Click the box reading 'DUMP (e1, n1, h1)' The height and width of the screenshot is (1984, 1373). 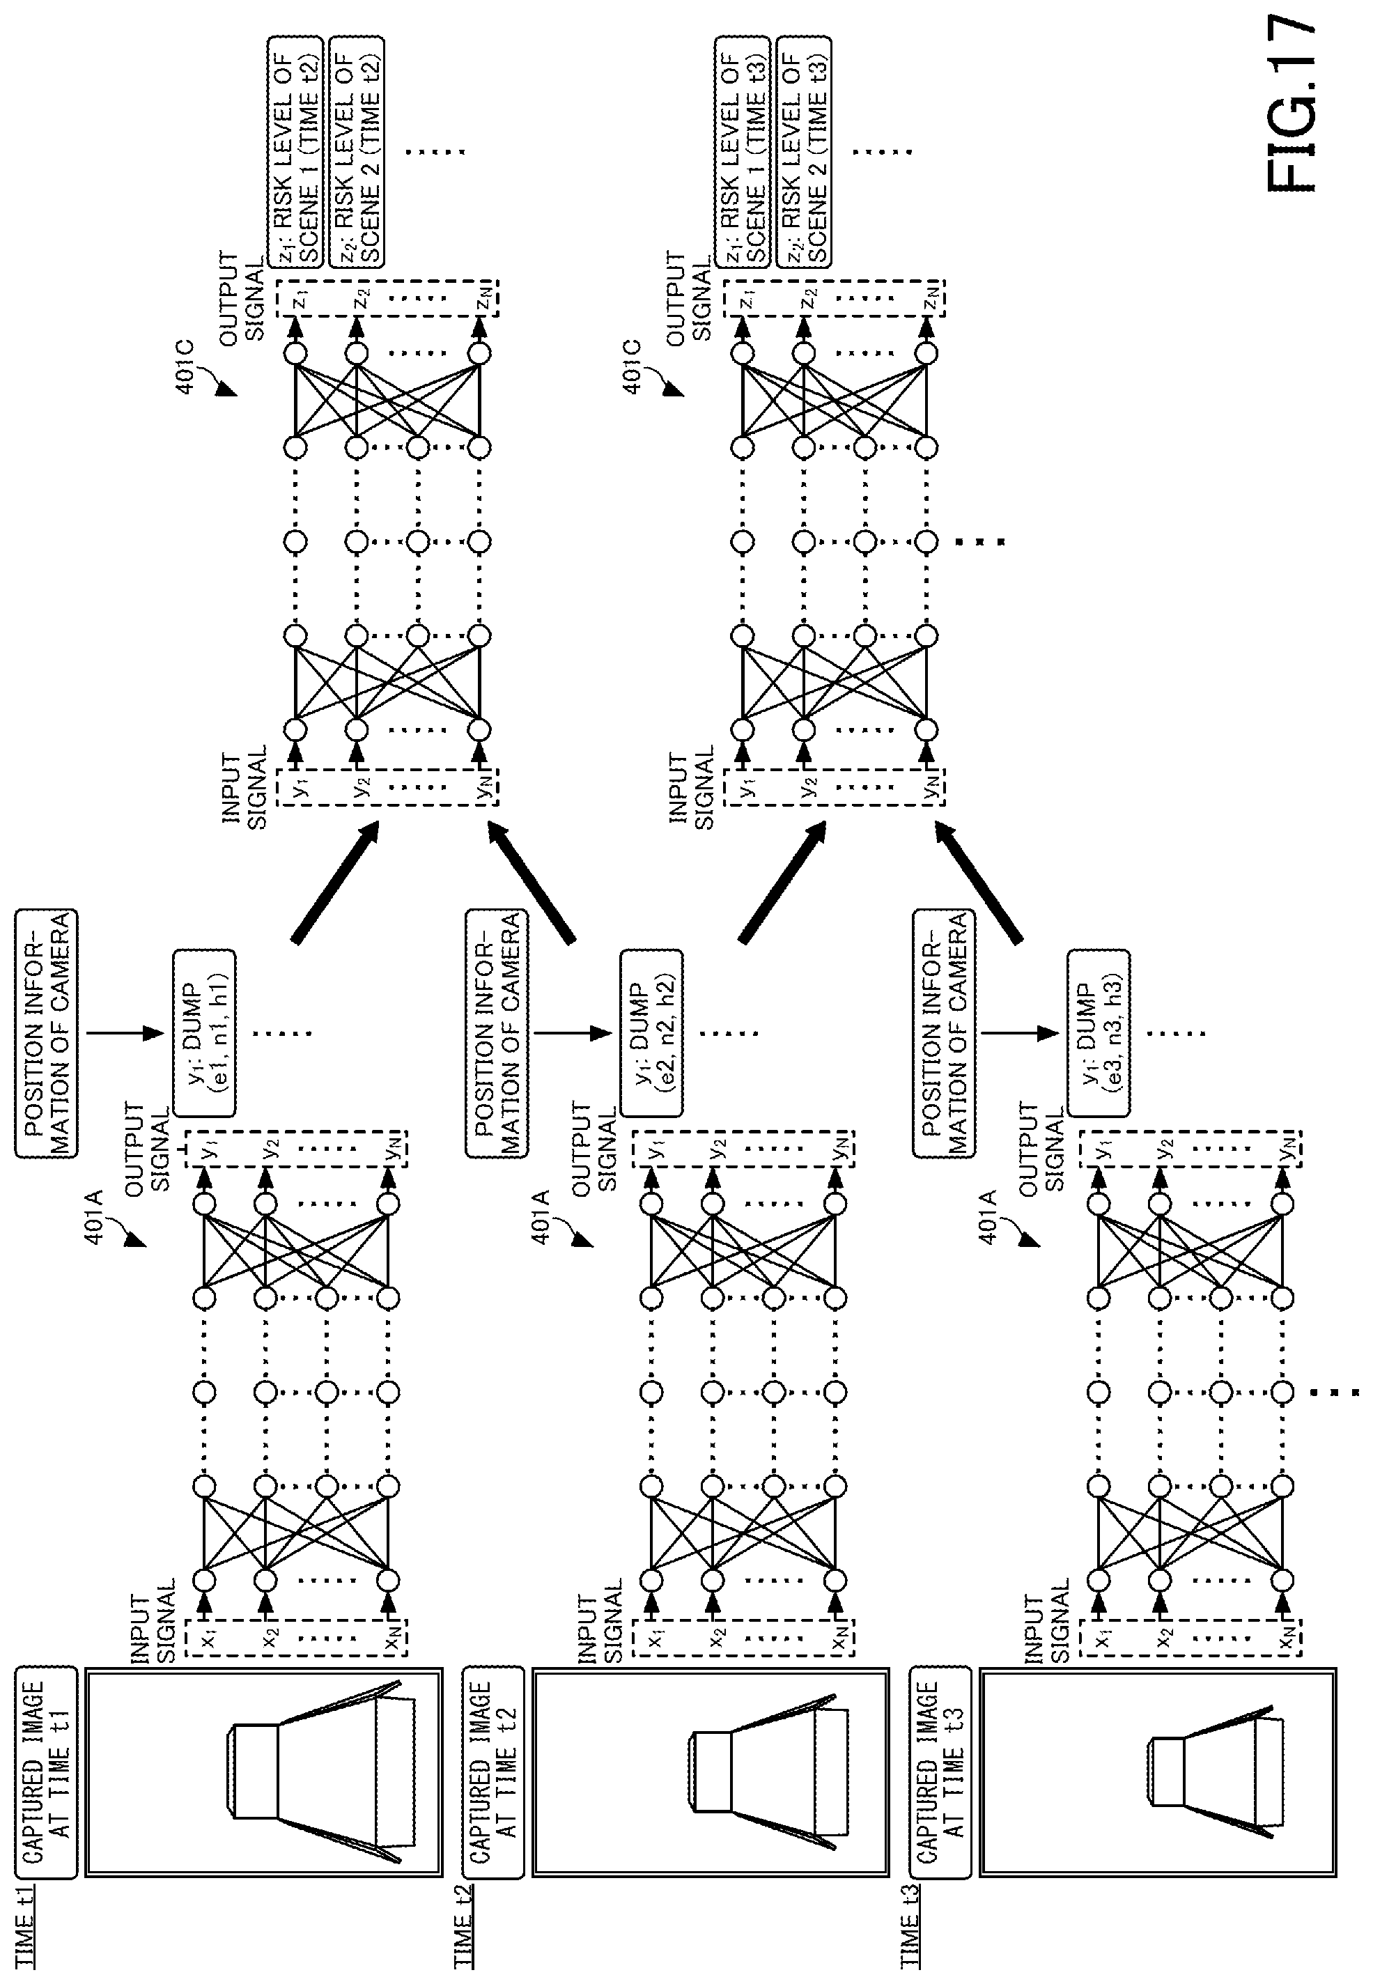(205, 1032)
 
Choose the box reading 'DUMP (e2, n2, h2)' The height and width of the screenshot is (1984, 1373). (652, 1032)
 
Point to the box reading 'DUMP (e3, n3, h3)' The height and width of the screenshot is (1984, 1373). (1099, 1032)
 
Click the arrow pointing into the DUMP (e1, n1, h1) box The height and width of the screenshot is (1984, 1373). (125, 1032)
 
